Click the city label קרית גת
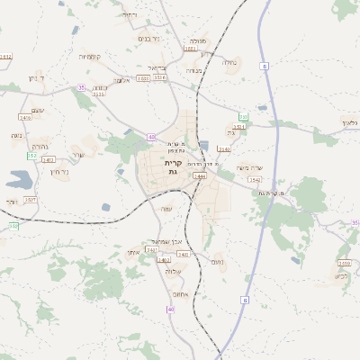(174, 166)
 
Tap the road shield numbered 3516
(99, 94)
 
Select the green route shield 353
(243, 117)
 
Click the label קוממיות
(90, 57)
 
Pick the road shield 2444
(199, 176)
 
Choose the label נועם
(217, 261)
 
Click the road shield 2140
(224, 148)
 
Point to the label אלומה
(121, 80)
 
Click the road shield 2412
(48, 159)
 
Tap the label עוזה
(166, 209)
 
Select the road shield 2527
(30, 199)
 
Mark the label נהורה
(40, 147)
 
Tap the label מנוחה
(199, 40)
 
